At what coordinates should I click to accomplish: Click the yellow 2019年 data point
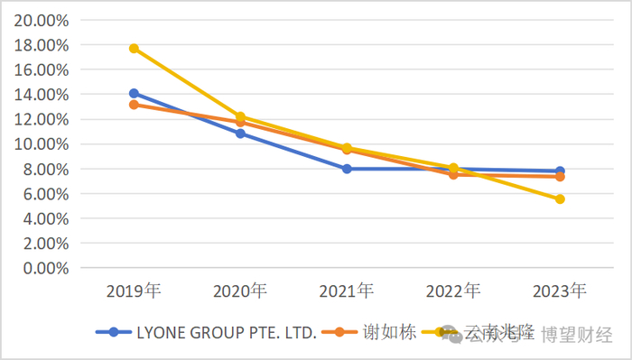click(x=134, y=49)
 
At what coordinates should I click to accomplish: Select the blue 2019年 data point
click(x=134, y=93)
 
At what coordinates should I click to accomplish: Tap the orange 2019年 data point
click(x=134, y=105)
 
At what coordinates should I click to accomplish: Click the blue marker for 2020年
click(x=240, y=134)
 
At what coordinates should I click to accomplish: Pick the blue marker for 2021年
click(x=347, y=169)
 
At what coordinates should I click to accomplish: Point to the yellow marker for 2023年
click(x=560, y=199)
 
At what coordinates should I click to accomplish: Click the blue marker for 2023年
click(x=560, y=171)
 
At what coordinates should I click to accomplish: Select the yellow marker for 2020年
click(x=240, y=116)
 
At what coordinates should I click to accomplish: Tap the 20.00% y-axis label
click(x=38, y=20)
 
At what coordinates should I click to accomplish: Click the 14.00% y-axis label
click(x=38, y=95)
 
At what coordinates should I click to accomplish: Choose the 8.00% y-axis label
click(x=42, y=169)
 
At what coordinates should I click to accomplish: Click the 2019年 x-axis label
click(x=134, y=291)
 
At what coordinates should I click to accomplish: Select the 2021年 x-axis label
click(x=347, y=291)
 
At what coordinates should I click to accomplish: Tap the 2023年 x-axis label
click(x=560, y=291)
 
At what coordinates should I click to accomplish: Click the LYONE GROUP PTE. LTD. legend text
click(x=226, y=333)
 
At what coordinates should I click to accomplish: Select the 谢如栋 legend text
click(x=391, y=332)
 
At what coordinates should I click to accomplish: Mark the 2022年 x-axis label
click(x=453, y=291)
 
